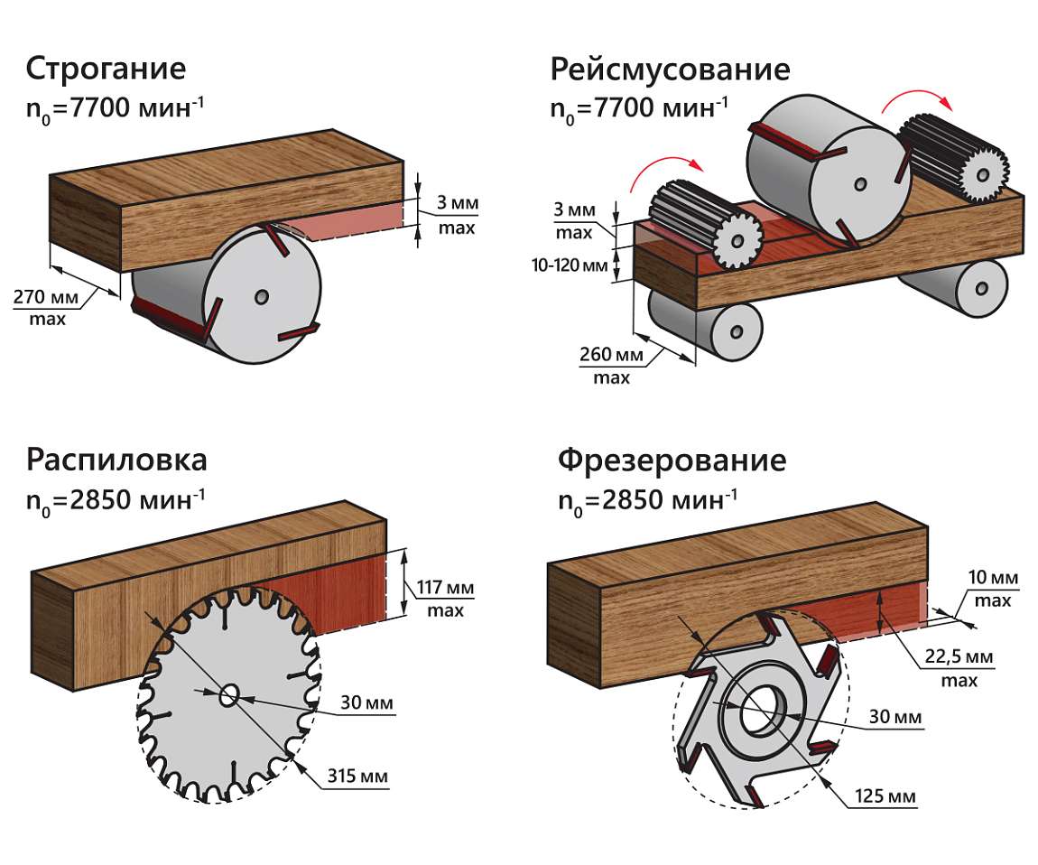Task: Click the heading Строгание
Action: [106, 69]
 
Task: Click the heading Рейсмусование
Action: [670, 69]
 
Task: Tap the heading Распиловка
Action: [116, 460]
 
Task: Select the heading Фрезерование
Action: [672, 460]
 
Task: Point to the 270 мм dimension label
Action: [46, 297]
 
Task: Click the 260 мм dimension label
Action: [611, 354]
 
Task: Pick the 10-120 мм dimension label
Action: [570, 265]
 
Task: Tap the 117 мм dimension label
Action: [445, 588]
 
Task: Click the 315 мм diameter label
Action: [357, 776]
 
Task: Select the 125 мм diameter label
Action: [885, 795]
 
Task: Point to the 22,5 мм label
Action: [959, 656]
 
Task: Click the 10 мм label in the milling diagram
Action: [993, 578]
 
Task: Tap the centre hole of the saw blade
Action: [229, 696]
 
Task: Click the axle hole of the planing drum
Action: [262, 296]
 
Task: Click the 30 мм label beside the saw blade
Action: [366, 702]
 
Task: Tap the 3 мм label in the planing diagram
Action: [457, 202]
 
